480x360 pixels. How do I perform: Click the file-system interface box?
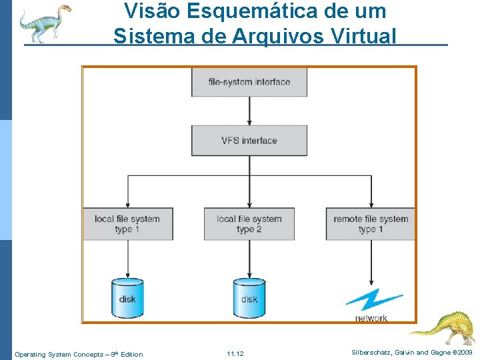pos(249,82)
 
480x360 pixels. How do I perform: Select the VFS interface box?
pos(249,141)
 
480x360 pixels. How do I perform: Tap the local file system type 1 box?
pos(127,224)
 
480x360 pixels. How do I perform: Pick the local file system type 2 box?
pos(249,224)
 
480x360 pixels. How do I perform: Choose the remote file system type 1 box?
pos(371,224)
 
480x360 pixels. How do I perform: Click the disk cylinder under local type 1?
pos(127,297)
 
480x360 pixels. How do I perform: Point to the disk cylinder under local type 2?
pos(249,297)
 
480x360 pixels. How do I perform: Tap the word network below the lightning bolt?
pos(371,318)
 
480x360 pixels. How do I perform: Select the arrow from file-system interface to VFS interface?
pos(249,111)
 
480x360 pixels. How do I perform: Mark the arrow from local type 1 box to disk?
pos(127,259)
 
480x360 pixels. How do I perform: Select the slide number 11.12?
pos(235,354)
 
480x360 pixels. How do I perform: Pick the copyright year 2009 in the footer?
pos(464,352)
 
